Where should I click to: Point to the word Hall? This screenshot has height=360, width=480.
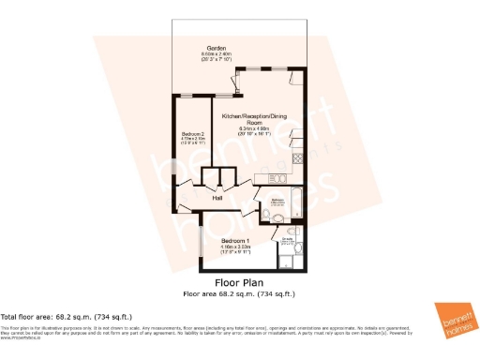217,198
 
